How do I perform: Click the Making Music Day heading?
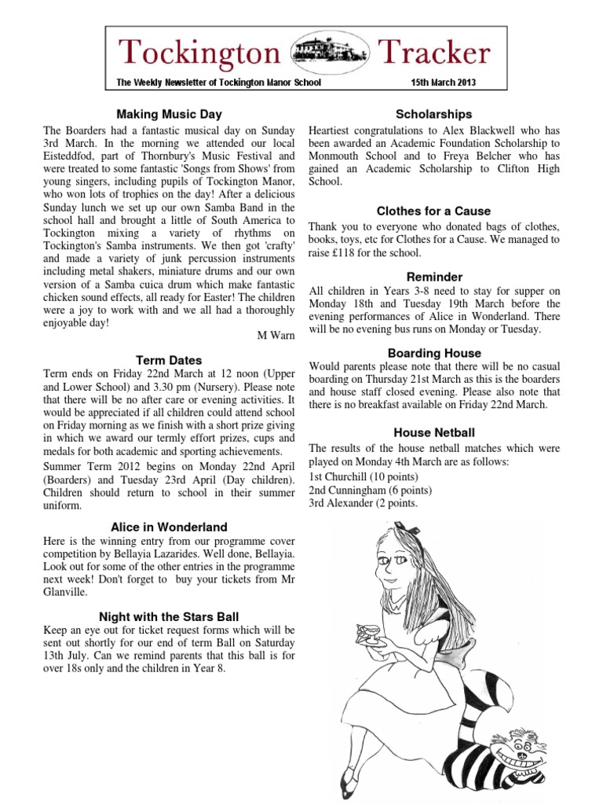170,114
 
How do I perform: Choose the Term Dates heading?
169,360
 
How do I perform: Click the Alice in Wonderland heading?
169,527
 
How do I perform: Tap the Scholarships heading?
434,114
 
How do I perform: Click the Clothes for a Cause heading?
434,211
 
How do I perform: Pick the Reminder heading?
434,277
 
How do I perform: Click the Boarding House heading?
434,353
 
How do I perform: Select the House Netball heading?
434,432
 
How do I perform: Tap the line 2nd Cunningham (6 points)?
370,490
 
